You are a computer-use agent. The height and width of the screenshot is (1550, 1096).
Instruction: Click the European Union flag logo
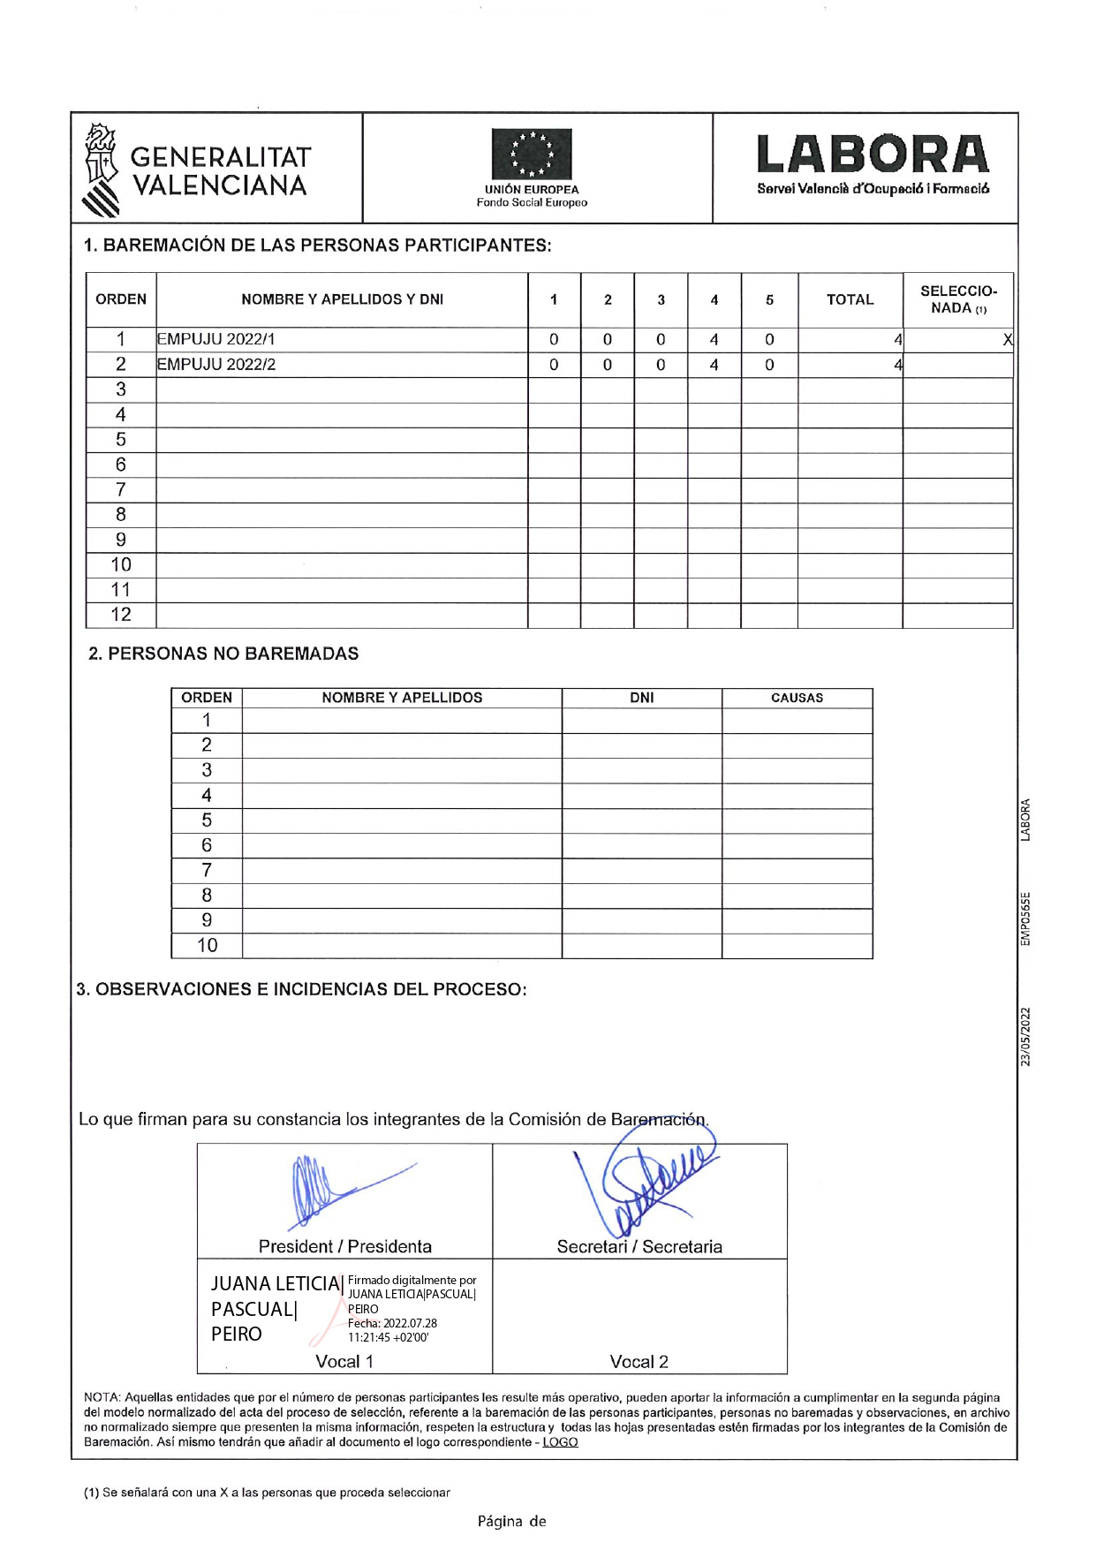click(532, 155)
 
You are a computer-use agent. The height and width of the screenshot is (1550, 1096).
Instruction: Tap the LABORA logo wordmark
click(873, 155)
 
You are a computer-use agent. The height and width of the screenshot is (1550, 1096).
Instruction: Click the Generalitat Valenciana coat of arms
click(101, 170)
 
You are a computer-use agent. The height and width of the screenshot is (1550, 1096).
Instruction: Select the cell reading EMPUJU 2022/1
click(216, 339)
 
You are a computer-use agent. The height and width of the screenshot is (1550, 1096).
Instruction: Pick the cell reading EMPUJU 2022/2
click(216, 365)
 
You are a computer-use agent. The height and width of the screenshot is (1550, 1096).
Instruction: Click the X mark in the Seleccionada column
click(1007, 340)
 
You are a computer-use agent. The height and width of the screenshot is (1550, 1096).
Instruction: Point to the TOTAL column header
click(850, 299)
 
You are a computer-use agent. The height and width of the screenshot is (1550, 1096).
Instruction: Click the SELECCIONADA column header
click(958, 299)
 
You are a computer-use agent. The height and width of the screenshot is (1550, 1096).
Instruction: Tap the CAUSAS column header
click(797, 698)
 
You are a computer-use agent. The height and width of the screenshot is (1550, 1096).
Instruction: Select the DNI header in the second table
click(642, 698)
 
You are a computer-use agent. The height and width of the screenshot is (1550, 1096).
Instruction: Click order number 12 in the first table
click(121, 615)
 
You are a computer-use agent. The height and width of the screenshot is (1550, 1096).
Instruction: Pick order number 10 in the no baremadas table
click(207, 946)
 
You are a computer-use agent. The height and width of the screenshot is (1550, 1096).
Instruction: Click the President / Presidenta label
click(345, 1246)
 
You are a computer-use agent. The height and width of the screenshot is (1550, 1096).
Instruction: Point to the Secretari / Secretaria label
click(639, 1246)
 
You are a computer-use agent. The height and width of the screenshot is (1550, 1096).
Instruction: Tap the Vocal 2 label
click(639, 1362)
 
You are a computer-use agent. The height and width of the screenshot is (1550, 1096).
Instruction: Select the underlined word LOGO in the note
click(560, 1442)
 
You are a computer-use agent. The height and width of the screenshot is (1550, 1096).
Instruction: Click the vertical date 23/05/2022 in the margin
click(1025, 1036)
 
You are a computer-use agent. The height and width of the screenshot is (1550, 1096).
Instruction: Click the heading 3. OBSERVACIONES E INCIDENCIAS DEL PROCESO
click(301, 989)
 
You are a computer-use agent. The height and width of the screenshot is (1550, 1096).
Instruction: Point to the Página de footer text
click(512, 1521)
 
